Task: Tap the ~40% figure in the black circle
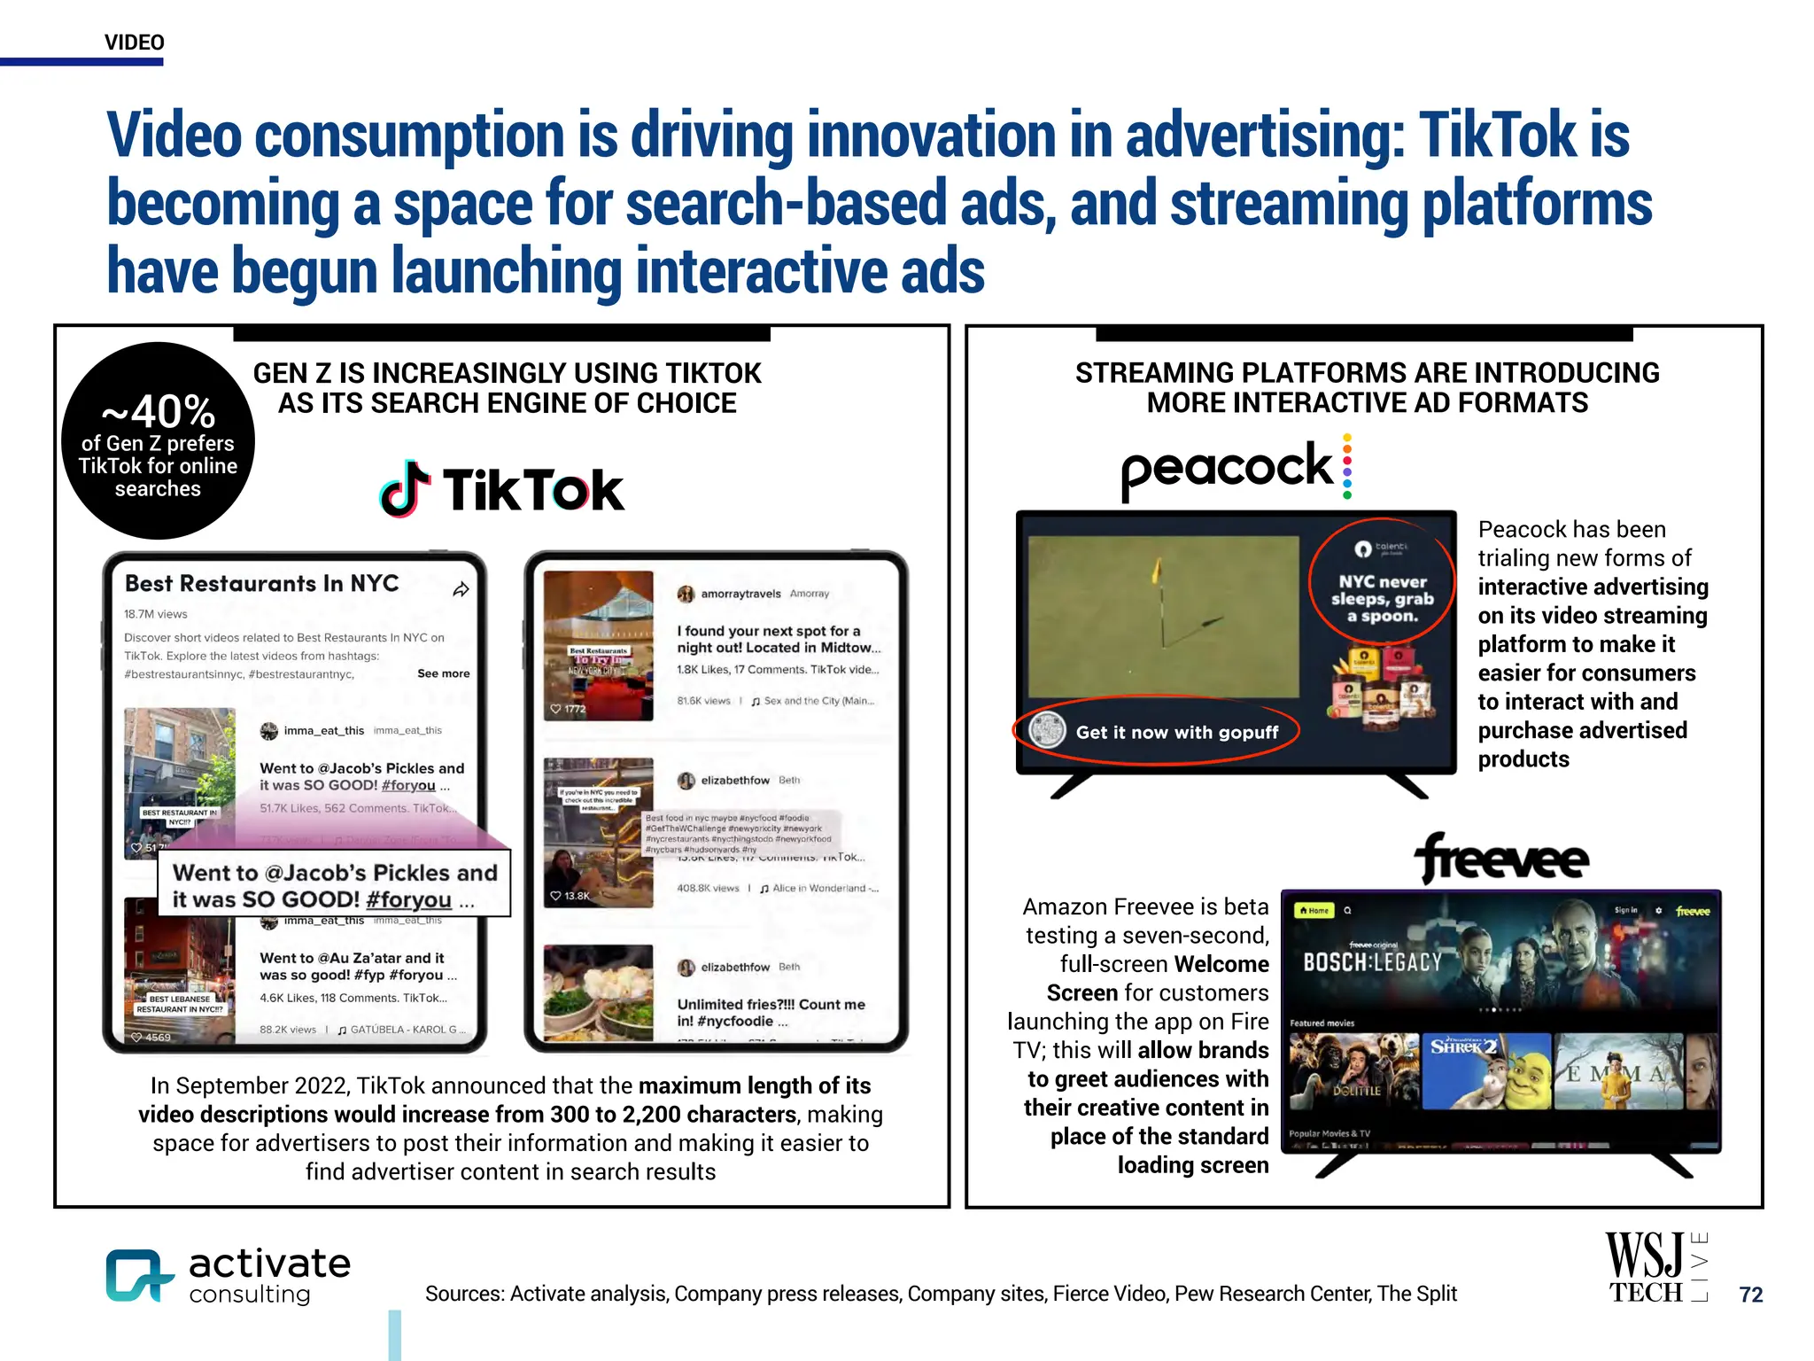[159, 411]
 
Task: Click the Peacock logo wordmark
[1227, 468]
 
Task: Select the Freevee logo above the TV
[1502, 858]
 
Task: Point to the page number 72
[1750, 1295]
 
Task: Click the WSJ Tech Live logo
[1655, 1268]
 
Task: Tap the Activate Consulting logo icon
[137, 1275]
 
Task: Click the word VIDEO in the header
[135, 43]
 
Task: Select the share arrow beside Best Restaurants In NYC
[461, 589]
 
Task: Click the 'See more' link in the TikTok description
[443, 673]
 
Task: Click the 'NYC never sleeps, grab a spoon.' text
[1382, 598]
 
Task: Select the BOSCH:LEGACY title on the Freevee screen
[1372, 962]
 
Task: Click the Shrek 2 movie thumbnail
[1486, 1071]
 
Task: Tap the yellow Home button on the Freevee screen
[1314, 910]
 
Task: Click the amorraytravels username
[740, 594]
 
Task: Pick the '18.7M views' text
[156, 614]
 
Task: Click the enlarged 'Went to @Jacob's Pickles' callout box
[335, 885]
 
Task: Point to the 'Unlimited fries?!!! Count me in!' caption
[771, 1012]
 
